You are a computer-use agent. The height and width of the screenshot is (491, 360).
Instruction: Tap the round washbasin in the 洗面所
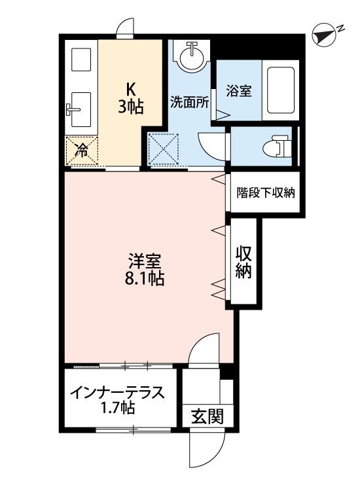point(192,55)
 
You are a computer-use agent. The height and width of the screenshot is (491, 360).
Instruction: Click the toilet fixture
point(279,145)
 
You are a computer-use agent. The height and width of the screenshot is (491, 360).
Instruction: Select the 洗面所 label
point(189,102)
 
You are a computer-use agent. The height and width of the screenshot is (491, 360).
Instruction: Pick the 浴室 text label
point(237,92)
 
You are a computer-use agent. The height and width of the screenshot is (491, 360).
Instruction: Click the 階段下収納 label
point(266,192)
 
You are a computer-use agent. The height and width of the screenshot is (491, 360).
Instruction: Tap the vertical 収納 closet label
point(245,262)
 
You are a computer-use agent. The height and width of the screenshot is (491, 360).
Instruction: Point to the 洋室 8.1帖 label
point(145,269)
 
